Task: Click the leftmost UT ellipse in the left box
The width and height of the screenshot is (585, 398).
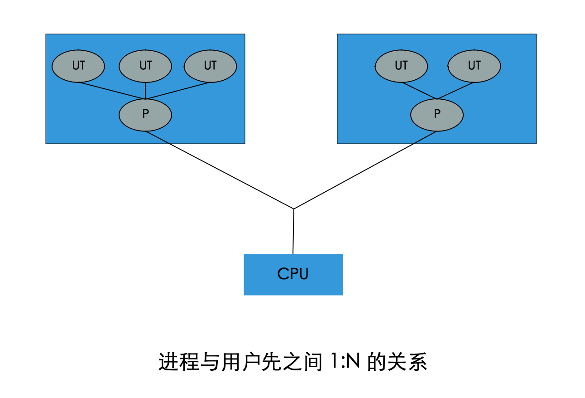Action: (x=78, y=66)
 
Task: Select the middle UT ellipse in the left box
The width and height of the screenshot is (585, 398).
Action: (x=145, y=66)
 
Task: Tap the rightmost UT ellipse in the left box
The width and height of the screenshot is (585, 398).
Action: (x=210, y=66)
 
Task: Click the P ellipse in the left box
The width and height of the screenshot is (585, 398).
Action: (x=145, y=115)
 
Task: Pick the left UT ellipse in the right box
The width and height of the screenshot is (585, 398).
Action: (x=401, y=66)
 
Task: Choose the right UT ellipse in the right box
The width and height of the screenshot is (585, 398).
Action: (x=474, y=66)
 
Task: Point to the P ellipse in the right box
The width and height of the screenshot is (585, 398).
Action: (x=437, y=115)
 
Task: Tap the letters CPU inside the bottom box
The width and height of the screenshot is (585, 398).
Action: (x=293, y=274)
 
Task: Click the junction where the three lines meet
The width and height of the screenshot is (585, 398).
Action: (x=294, y=209)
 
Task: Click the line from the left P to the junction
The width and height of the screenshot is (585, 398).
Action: (x=220, y=170)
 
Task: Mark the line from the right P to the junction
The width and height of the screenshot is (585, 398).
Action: (x=365, y=170)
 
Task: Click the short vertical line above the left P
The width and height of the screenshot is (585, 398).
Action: (x=145, y=90)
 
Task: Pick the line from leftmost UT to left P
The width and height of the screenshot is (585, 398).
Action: (x=112, y=90)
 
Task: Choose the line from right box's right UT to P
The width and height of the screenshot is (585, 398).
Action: (x=456, y=90)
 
